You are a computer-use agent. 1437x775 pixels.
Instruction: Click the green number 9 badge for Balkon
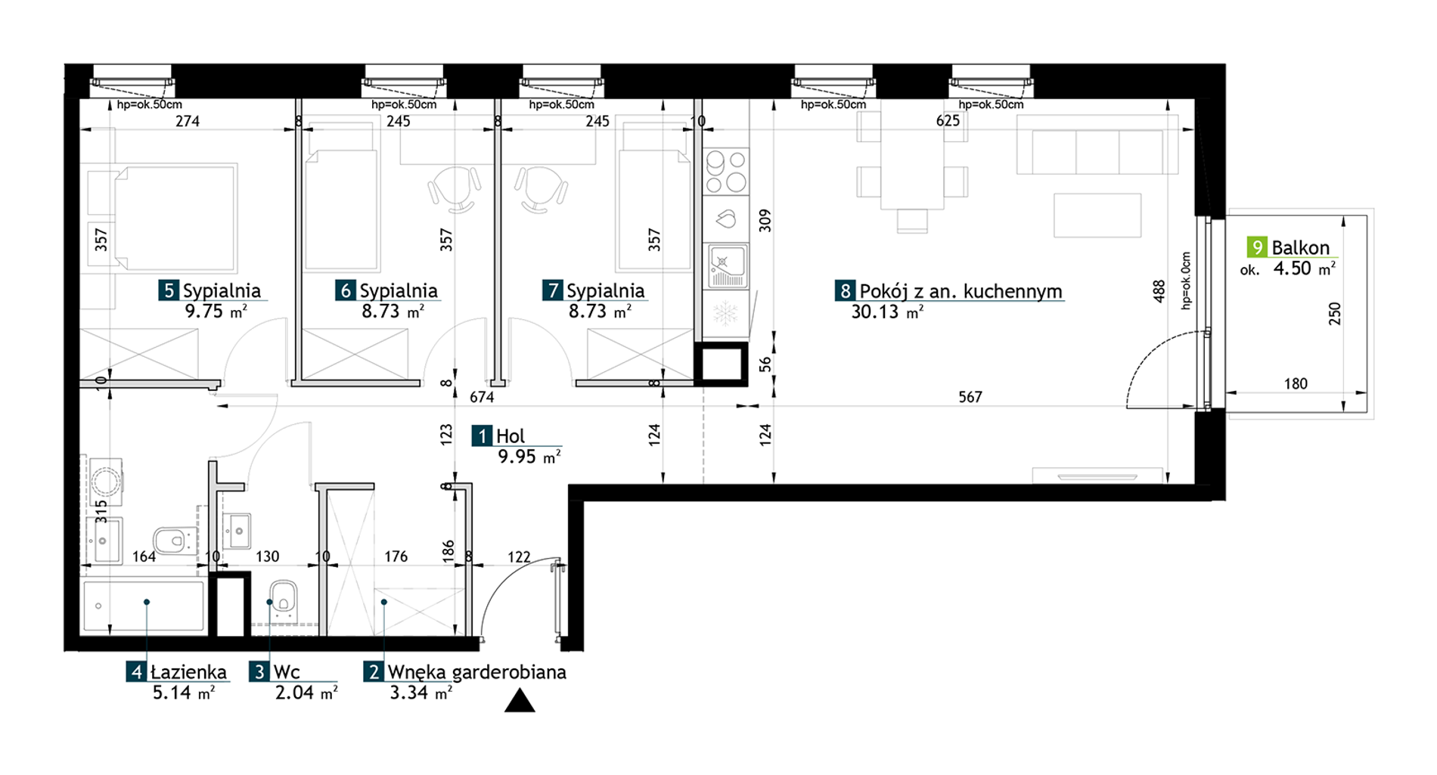click(1257, 247)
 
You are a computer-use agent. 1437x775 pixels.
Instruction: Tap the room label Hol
click(511, 436)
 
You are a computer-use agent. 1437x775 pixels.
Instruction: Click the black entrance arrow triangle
click(520, 701)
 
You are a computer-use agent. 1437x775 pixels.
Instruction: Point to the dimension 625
click(948, 120)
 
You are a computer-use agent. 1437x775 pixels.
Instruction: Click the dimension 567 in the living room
click(970, 397)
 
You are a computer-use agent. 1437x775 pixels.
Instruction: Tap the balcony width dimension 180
click(1296, 383)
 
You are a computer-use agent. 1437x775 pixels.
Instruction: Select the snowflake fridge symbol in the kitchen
click(725, 313)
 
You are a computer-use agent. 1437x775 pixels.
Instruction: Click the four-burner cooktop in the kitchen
click(726, 172)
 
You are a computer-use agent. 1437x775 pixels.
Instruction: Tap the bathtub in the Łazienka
click(143, 606)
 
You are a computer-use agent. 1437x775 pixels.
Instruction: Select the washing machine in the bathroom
click(106, 481)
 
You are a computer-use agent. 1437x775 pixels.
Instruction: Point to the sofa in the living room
click(1097, 152)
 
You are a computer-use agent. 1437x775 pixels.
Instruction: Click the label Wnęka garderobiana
click(476, 672)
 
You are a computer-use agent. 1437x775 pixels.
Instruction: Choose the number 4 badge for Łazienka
click(136, 672)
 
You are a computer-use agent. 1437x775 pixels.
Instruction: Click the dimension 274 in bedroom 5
click(187, 121)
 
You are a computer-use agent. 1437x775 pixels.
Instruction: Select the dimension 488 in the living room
click(1159, 291)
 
